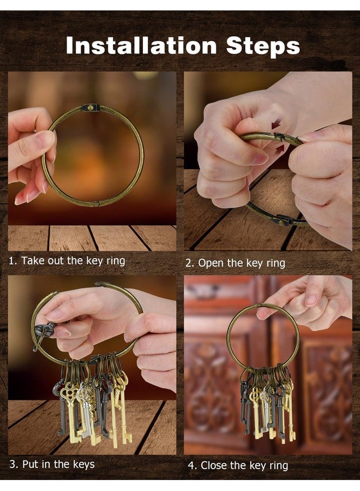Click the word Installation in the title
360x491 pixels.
pyautogui.click(x=141, y=46)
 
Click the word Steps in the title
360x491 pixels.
pyautogui.click(x=263, y=47)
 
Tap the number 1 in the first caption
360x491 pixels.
pyautogui.click(x=12, y=261)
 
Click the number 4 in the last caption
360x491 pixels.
pyautogui.click(x=192, y=466)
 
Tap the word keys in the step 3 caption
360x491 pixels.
pyautogui.click(x=83, y=465)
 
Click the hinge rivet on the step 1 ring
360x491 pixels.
pyautogui.click(x=91, y=107)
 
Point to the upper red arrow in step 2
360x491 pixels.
pyautogui.click(x=276, y=125)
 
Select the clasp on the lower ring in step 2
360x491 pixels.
pyautogui.click(x=283, y=221)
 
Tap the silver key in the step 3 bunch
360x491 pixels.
pyautogui.click(x=83, y=407)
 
